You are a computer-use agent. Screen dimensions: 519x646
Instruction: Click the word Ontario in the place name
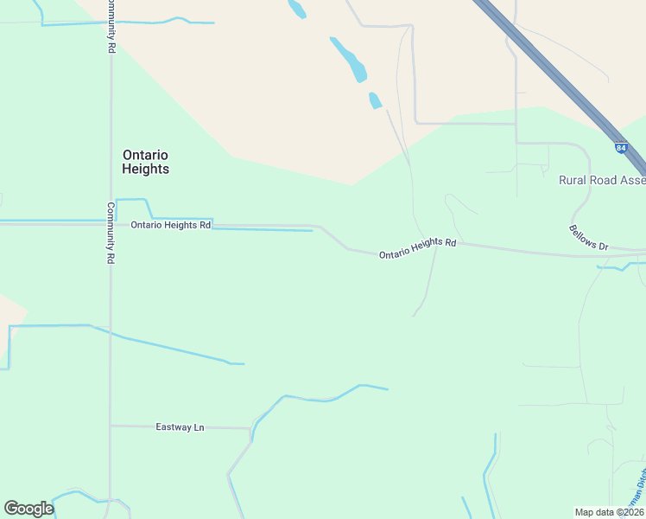[x=145, y=155]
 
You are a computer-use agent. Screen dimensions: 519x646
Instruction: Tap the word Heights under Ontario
[x=145, y=170]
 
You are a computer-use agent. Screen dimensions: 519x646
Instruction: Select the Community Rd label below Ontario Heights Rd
[x=111, y=233]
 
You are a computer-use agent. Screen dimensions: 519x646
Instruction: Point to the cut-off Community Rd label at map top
[x=111, y=26]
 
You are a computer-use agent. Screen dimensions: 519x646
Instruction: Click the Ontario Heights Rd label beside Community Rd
[x=171, y=225]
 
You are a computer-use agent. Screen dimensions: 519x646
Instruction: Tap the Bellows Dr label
[x=588, y=238]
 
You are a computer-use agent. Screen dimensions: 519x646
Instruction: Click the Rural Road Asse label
[x=602, y=181]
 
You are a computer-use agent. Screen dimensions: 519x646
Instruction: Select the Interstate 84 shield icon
[x=621, y=148]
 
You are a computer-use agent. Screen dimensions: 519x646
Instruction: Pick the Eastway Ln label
[x=180, y=427]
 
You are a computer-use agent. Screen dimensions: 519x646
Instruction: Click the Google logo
[x=28, y=509]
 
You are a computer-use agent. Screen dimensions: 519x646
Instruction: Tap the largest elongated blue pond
[x=350, y=59]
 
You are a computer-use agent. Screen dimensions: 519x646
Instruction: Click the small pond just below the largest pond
[x=375, y=100]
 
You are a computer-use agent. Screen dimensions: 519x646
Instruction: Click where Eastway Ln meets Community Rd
[x=111, y=426]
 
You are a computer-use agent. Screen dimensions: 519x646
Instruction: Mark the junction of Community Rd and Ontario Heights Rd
[x=111, y=223]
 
